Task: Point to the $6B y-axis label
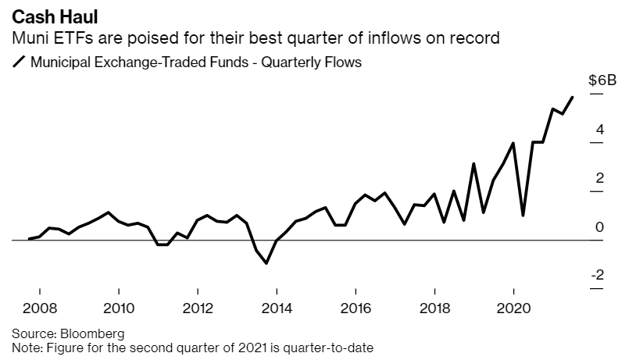602,80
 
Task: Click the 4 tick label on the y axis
599,130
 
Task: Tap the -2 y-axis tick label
596,275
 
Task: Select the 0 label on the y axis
599,226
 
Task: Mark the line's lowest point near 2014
266,263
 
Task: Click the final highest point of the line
573,98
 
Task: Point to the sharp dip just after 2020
523,215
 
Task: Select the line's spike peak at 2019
474,163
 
